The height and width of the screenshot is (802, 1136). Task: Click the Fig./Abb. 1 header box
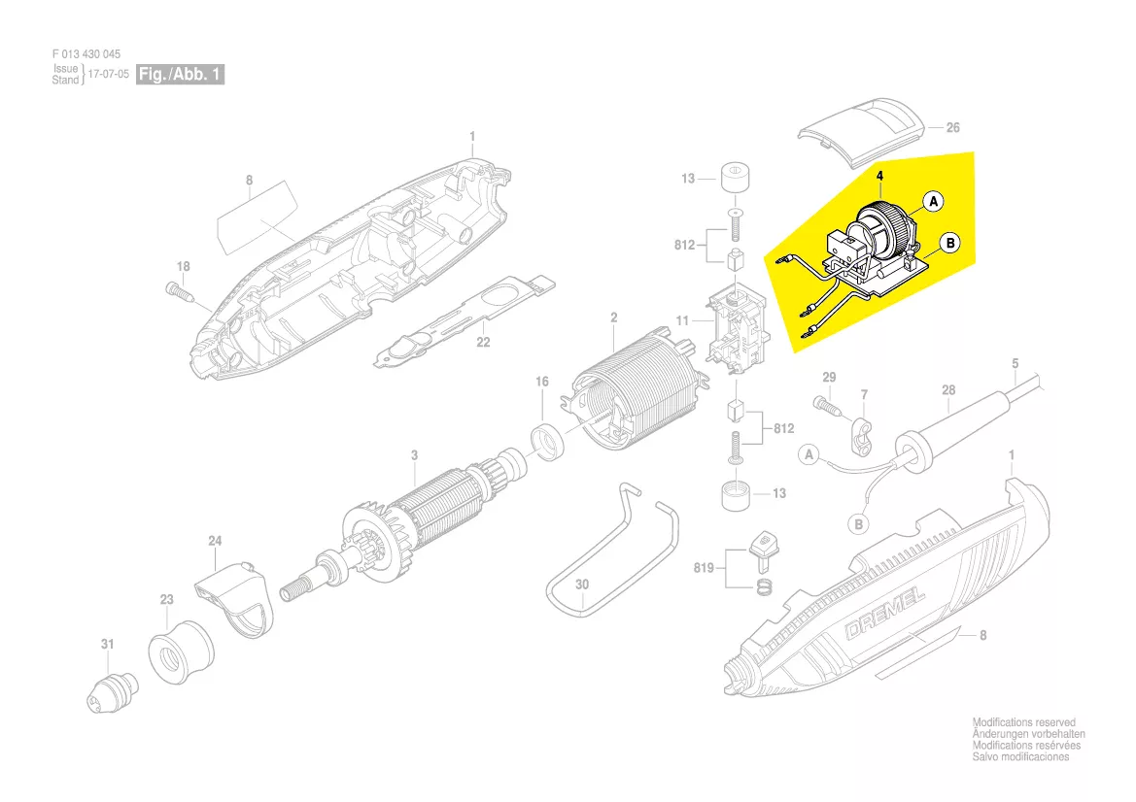[180, 75]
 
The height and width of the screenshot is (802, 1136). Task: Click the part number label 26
[952, 127]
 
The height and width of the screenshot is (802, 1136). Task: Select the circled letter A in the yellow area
[933, 202]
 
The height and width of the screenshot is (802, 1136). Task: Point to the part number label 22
[483, 342]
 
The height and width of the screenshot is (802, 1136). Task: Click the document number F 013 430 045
[86, 54]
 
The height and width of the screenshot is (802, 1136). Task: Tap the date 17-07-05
[108, 75]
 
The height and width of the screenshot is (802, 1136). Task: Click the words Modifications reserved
[1023, 722]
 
